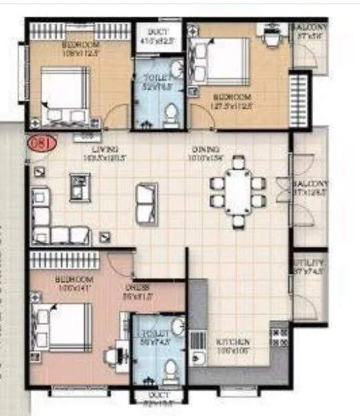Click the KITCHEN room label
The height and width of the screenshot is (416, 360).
click(x=232, y=342)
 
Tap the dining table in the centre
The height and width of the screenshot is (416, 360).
click(x=238, y=192)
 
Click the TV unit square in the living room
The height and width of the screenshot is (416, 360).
click(x=80, y=187)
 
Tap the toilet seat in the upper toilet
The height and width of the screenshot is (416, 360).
click(x=170, y=115)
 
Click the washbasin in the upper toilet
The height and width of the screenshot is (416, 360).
click(x=176, y=69)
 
